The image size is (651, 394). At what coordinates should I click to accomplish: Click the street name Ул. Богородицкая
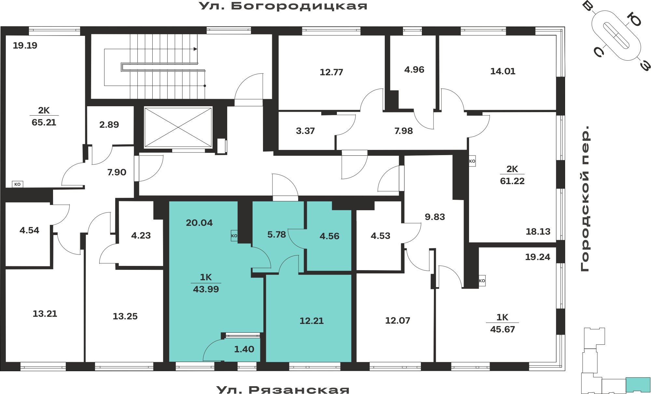(283, 6)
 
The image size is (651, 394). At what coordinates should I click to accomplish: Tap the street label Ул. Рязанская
(283, 389)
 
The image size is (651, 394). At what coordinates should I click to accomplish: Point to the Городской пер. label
(585, 198)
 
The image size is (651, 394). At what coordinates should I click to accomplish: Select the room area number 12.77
(331, 72)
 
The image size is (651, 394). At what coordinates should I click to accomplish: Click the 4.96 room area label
(414, 69)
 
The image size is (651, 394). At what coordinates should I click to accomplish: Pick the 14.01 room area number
(503, 71)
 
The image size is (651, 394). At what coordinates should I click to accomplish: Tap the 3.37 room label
(305, 131)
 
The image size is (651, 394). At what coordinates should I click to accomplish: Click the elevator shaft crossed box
(178, 127)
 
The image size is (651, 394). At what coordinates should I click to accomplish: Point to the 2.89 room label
(109, 124)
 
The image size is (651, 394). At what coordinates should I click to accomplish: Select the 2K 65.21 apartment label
(44, 116)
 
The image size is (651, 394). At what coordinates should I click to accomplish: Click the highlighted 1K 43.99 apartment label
(206, 283)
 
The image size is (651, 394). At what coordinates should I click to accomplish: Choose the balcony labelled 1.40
(244, 349)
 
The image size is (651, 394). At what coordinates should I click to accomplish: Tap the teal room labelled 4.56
(329, 236)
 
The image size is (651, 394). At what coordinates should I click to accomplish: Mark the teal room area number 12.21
(312, 321)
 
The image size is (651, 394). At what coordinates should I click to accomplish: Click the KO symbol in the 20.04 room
(234, 236)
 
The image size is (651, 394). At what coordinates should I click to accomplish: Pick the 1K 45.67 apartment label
(503, 323)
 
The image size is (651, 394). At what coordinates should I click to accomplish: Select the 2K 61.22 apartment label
(512, 175)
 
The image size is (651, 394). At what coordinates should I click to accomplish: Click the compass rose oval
(616, 36)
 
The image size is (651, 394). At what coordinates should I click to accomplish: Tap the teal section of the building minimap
(638, 385)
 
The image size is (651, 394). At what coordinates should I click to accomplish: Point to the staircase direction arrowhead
(195, 49)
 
